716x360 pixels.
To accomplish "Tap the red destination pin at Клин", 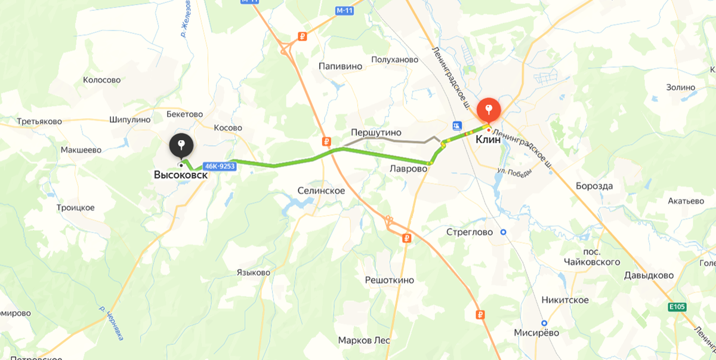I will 489,110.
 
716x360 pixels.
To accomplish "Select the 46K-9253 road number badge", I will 220,167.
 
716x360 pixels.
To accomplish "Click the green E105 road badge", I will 677,307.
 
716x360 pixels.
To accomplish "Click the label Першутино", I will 376,132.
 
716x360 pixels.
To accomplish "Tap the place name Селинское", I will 321,190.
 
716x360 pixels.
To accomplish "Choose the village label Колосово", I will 101,79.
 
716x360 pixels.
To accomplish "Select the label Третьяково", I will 39,121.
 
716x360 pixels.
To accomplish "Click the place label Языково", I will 253,272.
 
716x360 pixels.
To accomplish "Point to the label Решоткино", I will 389,279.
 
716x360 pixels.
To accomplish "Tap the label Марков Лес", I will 363,340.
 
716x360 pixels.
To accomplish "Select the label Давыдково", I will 649,275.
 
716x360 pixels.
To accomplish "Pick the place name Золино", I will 681,87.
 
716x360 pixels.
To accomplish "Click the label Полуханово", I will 394,60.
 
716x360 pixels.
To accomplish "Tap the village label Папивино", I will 340,66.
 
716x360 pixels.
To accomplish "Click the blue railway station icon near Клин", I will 456,125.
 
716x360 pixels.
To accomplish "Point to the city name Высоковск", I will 181,176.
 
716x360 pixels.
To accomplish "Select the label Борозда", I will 594,186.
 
